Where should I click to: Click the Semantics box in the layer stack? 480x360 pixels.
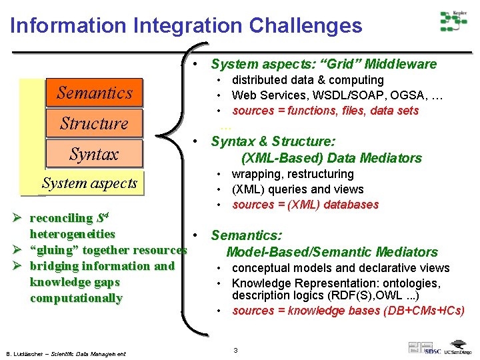point(94,93)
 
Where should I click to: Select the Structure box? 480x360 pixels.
point(94,123)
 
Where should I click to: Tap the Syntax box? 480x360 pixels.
point(94,154)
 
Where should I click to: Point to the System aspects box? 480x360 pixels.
point(89,183)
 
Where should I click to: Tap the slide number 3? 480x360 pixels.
point(235,350)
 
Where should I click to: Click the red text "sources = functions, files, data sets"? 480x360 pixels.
point(325,111)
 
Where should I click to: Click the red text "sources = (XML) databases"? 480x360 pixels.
point(305,205)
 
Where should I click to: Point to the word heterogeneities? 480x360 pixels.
point(72,234)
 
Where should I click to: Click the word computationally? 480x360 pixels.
point(76,298)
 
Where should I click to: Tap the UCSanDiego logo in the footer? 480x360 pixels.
point(459,351)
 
